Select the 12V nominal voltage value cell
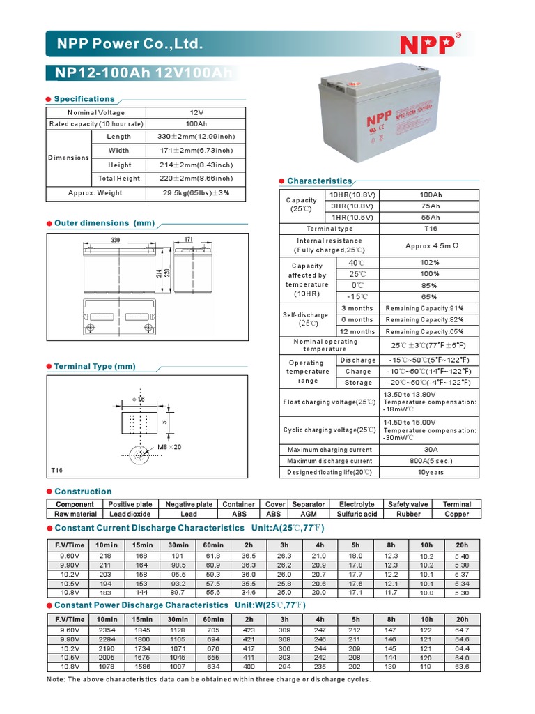pyautogui.click(x=196, y=112)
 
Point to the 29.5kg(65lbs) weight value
pyautogui.click(x=196, y=193)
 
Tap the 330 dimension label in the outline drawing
pyautogui.click(x=115, y=240)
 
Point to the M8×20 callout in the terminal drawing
pyautogui.click(x=169, y=447)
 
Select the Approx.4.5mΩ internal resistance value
pyautogui.click(x=432, y=245)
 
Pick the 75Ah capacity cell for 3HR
pyautogui.click(x=431, y=206)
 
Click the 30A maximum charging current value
pyautogui.click(x=431, y=450)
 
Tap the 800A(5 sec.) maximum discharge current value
pyautogui.click(x=431, y=461)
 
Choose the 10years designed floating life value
pyautogui.click(x=431, y=473)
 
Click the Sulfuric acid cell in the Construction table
pyautogui.click(x=357, y=514)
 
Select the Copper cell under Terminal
pyautogui.click(x=456, y=514)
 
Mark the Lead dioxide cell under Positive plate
pyautogui.click(x=130, y=514)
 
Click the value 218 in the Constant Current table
pyautogui.click(x=107, y=556)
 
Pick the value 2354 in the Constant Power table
pyautogui.click(x=107, y=630)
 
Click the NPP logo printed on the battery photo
pyautogui.click(x=376, y=119)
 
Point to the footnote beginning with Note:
pyautogui.click(x=209, y=678)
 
